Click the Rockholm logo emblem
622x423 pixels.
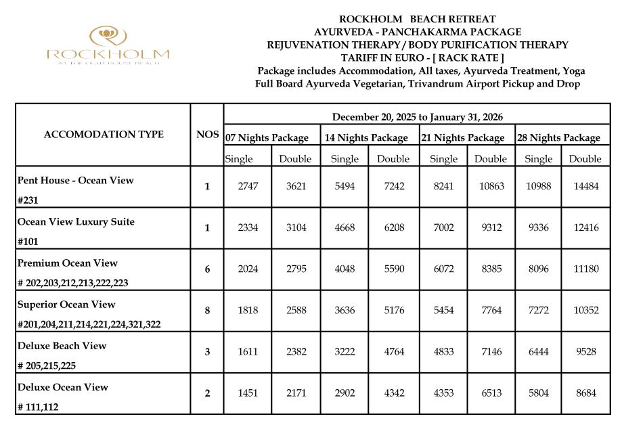108,35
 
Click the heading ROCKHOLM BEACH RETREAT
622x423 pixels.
417,19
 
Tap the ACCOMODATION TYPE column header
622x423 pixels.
104,134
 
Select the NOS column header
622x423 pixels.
207,134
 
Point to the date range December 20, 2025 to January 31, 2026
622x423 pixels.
417,117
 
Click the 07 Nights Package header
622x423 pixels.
267,137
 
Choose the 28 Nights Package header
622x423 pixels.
558,137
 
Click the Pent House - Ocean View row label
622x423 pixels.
76,181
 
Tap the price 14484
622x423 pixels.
585,187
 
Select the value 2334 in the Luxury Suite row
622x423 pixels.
248,228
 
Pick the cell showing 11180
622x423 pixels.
585,269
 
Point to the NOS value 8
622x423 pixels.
207,311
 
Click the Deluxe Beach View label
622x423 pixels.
62,346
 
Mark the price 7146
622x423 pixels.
490,352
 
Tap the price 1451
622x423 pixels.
248,393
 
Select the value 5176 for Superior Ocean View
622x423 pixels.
393,311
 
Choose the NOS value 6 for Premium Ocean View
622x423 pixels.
207,269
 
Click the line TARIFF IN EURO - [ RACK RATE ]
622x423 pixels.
417,58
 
